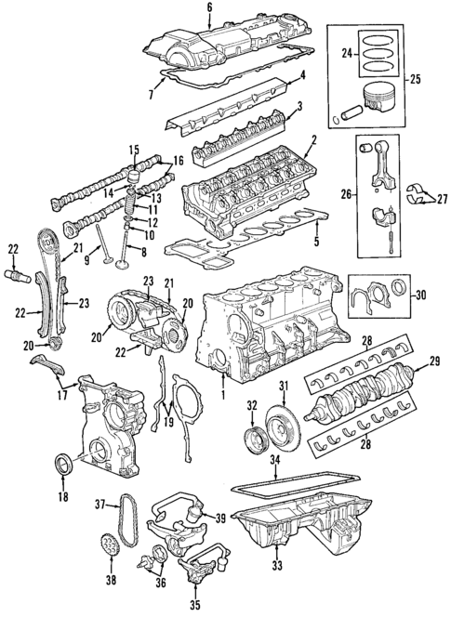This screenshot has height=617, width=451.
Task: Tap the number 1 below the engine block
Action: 223,395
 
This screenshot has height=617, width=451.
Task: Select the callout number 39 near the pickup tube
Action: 220,517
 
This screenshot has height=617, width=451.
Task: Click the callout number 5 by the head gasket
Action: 316,243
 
